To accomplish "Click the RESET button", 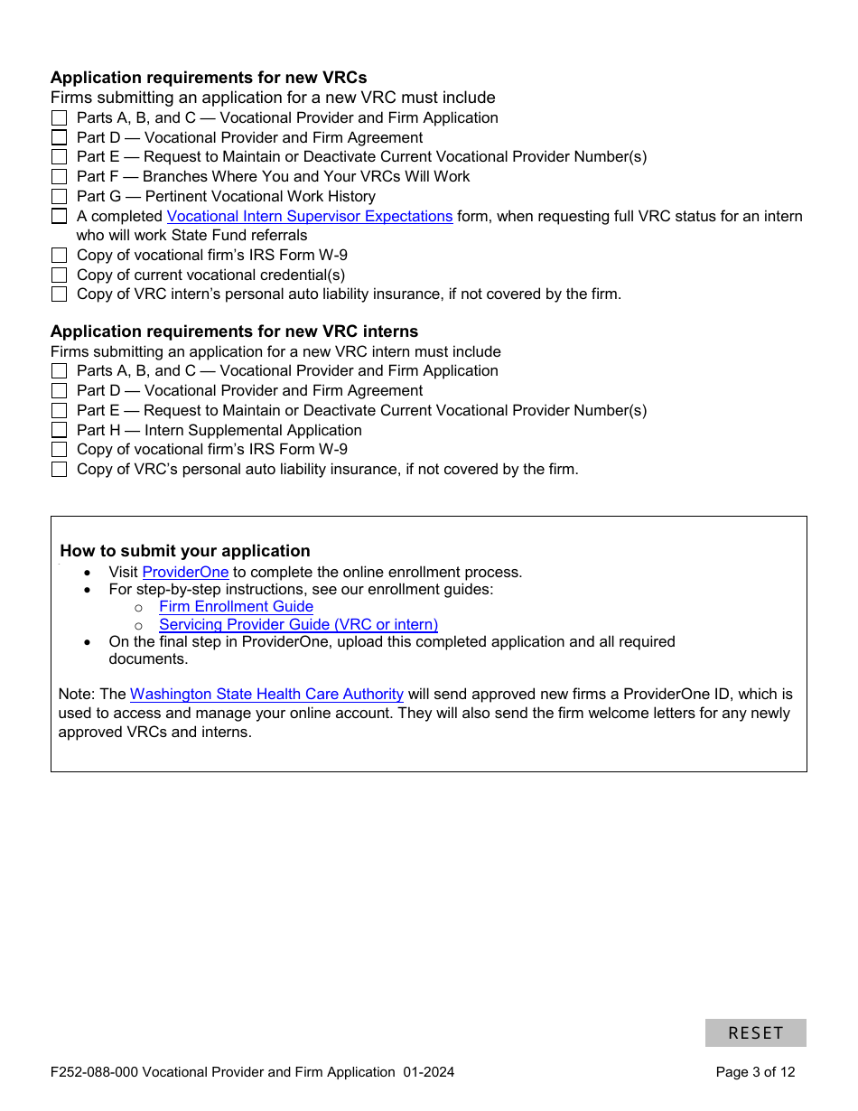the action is pyautogui.click(x=755, y=1032).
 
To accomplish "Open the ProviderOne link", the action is pyautogui.click(x=185, y=572).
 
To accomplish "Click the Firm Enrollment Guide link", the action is pyautogui.click(x=236, y=607).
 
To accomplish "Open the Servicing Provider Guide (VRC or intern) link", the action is pyautogui.click(x=298, y=624).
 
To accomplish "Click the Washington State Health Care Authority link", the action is pyautogui.click(x=266, y=694).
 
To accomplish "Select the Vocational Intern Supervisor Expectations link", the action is pyautogui.click(x=310, y=216).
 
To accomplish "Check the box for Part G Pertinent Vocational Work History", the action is pyautogui.click(x=59, y=197).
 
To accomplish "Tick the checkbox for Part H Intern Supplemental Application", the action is pyautogui.click(x=59, y=431).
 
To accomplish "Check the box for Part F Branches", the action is pyautogui.click(x=59, y=177).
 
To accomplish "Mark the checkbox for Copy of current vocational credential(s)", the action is pyautogui.click(x=59, y=275).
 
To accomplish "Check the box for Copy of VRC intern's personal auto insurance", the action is pyautogui.click(x=59, y=294).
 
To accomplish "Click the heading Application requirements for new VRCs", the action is pyautogui.click(x=209, y=78).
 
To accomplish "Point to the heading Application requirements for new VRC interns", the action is pyautogui.click(x=234, y=331).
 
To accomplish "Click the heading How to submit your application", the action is pyautogui.click(x=185, y=551).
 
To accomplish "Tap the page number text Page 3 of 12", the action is pyautogui.click(x=755, y=1072).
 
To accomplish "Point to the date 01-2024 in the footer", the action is pyautogui.click(x=429, y=1072).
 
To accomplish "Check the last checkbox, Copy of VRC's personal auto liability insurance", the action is pyautogui.click(x=59, y=470).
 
